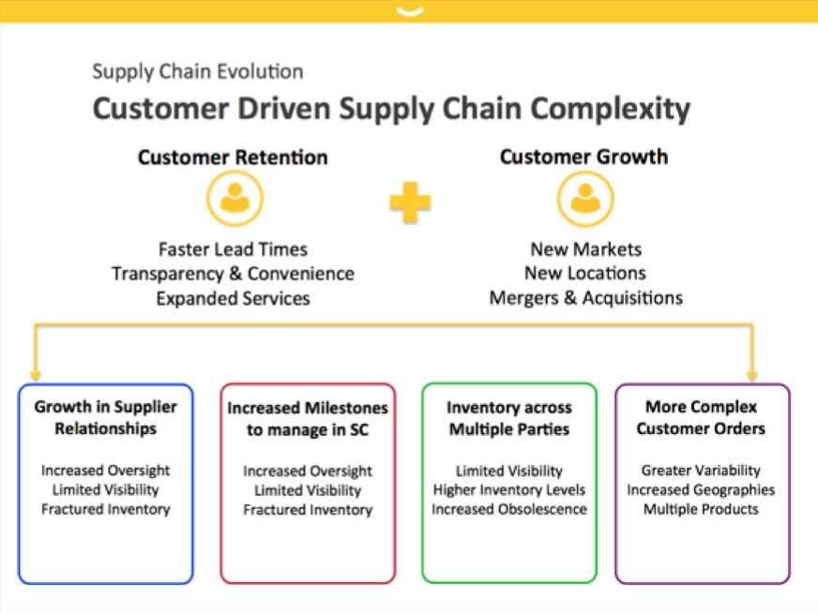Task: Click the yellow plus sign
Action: point(410,202)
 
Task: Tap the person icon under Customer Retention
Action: point(235,199)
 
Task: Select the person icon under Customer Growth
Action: point(585,199)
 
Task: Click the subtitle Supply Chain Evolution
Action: point(198,71)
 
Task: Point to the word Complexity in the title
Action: point(611,110)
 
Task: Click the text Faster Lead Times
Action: point(234,249)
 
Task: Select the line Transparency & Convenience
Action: point(234,274)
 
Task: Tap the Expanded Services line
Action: point(234,298)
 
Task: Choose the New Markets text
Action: point(586,249)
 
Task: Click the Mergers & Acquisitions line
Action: point(586,297)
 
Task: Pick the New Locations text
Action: point(585,273)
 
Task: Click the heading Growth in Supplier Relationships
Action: point(106,417)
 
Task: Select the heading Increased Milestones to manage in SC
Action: point(308,418)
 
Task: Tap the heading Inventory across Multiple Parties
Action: point(509,418)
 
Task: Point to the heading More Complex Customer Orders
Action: point(701,417)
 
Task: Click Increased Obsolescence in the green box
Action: point(509,509)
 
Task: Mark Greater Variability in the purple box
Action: point(701,471)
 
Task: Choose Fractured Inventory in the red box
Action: point(308,509)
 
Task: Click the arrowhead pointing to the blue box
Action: point(36,375)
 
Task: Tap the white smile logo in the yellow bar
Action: point(410,11)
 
